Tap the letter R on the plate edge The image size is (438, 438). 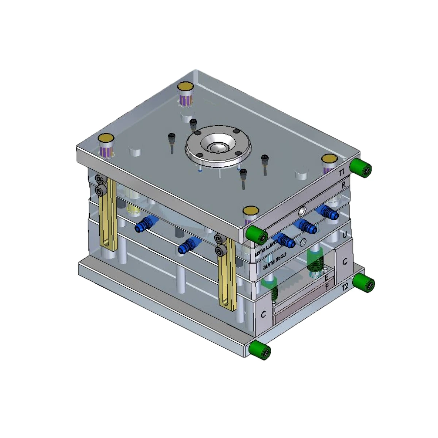point(343,185)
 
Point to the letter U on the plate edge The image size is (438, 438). point(345,235)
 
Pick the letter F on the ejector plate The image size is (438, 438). point(327,285)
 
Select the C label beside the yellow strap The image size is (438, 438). point(263,314)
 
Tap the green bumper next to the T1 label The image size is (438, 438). point(361,168)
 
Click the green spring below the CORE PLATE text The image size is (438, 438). point(315,261)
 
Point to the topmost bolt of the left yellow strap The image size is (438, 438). point(99,179)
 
